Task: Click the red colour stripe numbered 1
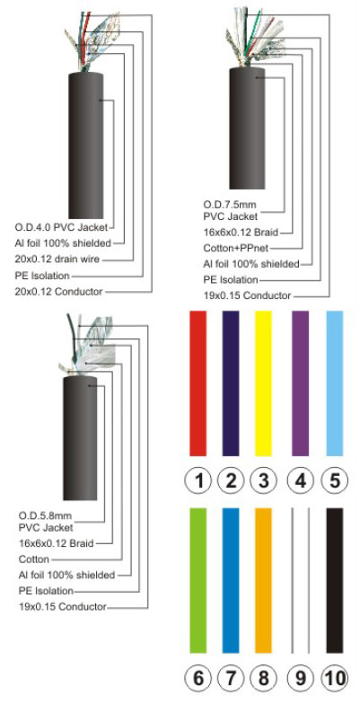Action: [x=198, y=383]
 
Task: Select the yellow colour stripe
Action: [x=264, y=383]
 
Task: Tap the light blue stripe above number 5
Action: [x=335, y=383]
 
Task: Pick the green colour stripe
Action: [x=198, y=580]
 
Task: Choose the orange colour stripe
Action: [x=264, y=580]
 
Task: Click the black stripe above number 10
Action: [x=335, y=580]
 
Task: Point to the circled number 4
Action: [x=300, y=481]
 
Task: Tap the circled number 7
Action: [x=231, y=679]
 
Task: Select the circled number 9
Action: [x=300, y=679]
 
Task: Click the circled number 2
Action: [x=231, y=481]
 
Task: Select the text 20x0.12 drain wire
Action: [x=57, y=259]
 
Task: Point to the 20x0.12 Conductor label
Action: [x=59, y=291]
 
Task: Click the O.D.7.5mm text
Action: [x=230, y=206]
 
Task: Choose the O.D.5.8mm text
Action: [x=45, y=515]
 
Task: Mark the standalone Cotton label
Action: [x=34, y=559]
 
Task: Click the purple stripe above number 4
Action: [x=300, y=383]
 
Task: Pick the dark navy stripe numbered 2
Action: [x=231, y=383]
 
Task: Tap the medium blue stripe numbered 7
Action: [x=231, y=580]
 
